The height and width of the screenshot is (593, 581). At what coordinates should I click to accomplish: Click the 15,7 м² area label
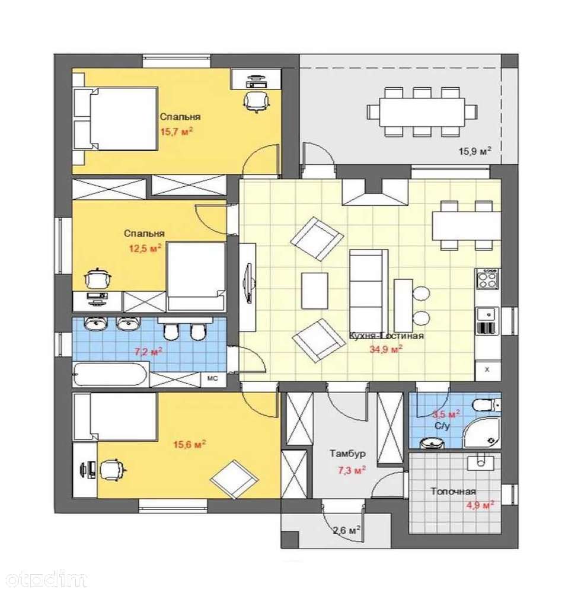(177, 132)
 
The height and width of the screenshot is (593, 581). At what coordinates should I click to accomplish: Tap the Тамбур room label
(347, 453)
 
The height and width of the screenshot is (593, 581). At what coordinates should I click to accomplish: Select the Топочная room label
(453, 492)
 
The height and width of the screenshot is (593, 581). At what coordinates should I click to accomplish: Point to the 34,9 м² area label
(385, 349)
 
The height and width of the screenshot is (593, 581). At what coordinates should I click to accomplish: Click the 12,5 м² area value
(145, 248)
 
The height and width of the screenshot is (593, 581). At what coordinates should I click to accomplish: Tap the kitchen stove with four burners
(487, 279)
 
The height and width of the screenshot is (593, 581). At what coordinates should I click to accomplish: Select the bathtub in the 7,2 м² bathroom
(110, 374)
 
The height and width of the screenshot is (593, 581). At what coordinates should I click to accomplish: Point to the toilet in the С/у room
(487, 404)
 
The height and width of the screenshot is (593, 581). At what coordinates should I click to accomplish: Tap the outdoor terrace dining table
(422, 112)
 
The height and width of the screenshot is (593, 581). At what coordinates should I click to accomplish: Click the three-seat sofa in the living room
(368, 291)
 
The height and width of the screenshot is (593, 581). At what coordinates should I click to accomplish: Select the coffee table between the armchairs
(314, 291)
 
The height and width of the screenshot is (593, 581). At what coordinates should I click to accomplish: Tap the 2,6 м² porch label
(346, 530)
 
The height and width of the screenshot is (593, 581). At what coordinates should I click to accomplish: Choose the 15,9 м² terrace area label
(475, 152)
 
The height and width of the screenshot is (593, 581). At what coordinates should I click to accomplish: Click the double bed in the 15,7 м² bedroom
(115, 119)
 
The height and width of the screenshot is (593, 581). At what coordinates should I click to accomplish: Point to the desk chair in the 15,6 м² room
(112, 470)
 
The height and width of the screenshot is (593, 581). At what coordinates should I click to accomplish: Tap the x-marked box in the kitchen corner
(487, 369)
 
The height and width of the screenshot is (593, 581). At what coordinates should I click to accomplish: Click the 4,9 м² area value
(480, 505)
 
